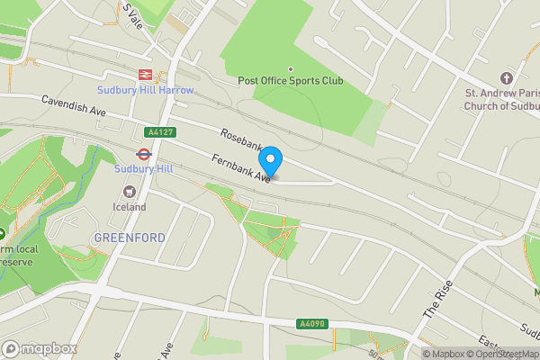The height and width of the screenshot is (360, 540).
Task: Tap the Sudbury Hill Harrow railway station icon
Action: (144, 75)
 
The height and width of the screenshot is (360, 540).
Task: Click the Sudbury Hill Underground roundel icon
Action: (141, 153)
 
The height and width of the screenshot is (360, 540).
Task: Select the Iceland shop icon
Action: (130, 192)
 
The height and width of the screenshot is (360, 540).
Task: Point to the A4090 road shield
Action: (310, 324)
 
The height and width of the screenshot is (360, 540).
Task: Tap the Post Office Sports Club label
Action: (291, 81)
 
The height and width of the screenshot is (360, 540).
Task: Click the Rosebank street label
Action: (241, 141)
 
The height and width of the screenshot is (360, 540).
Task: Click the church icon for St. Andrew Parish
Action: (506, 78)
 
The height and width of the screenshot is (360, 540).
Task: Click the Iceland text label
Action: (130, 207)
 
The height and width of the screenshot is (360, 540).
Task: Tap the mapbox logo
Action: (39, 348)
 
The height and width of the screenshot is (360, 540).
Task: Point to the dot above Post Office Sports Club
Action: (291, 68)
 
